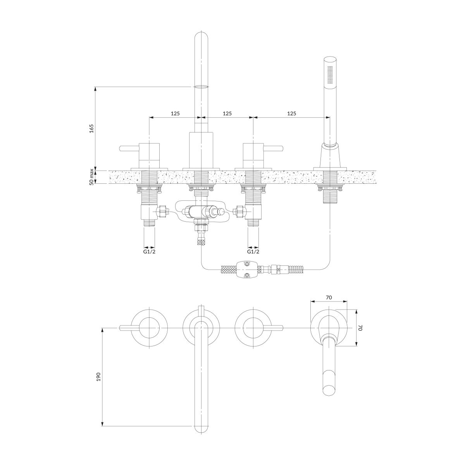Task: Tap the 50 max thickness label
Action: (x=91, y=177)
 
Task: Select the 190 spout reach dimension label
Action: (x=98, y=384)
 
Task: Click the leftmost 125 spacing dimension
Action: (x=176, y=113)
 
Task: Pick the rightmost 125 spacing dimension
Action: (x=291, y=113)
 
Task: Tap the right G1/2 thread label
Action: (x=253, y=252)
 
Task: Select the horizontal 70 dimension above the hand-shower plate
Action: (x=329, y=298)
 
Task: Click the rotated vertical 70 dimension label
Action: (x=360, y=328)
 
